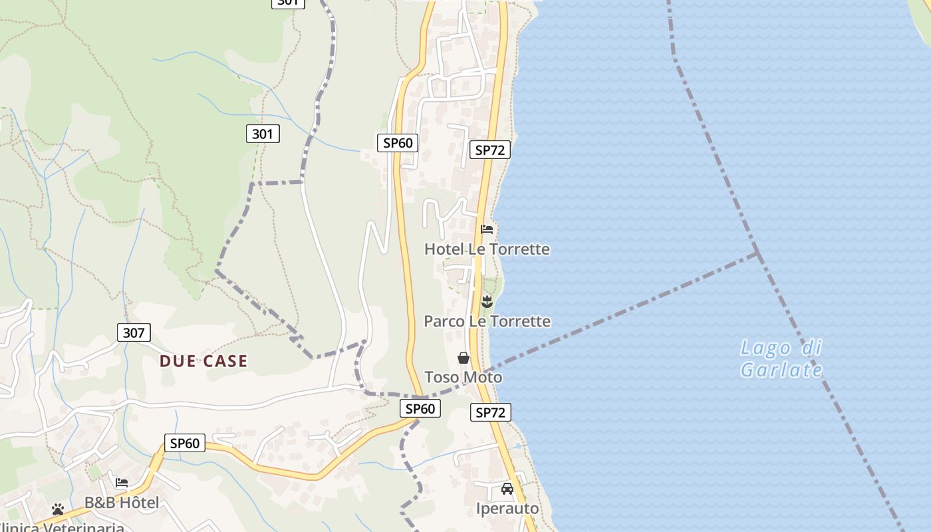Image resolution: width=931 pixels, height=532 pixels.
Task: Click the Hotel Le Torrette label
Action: (487, 249)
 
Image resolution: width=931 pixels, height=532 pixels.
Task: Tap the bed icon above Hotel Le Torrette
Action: (487, 229)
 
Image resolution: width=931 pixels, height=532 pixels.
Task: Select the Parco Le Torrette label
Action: (487, 321)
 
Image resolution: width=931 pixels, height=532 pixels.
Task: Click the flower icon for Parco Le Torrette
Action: (487, 302)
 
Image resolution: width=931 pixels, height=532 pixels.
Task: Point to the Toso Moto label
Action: (464, 377)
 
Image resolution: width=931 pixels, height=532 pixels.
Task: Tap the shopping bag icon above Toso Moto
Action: (464, 358)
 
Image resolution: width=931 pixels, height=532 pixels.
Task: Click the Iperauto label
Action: (507, 509)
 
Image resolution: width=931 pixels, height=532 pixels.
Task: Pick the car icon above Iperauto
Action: (507, 489)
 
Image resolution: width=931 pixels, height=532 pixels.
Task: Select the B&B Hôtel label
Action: (122, 503)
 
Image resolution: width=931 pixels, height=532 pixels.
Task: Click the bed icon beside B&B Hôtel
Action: (122, 483)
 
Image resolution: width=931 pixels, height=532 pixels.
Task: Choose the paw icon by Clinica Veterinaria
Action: (58, 509)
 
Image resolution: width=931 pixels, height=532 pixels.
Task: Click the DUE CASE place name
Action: (203, 361)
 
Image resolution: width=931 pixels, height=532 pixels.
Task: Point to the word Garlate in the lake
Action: (781, 370)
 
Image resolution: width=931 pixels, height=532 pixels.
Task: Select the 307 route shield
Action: (134, 332)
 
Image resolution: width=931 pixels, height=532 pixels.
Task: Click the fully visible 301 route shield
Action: (263, 134)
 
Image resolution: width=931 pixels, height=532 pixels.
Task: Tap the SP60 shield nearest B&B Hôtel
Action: (185, 443)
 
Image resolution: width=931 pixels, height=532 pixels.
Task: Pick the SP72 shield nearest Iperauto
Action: (491, 412)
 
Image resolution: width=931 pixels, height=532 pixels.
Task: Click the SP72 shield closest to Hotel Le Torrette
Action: (490, 150)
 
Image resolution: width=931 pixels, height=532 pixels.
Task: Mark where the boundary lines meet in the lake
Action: (757, 253)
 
